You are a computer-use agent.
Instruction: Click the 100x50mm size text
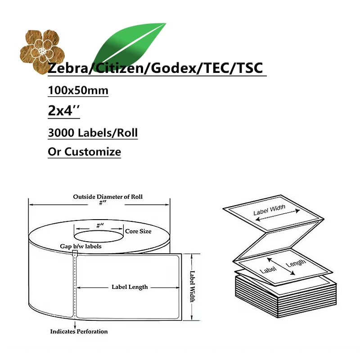pyautogui.click(x=78, y=90)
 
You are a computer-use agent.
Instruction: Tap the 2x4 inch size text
pyautogui.click(x=63, y=111)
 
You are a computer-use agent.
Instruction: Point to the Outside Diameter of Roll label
pyautogui.click(x=111, y=197)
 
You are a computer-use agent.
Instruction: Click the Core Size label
pyautogui.click(x=138, y=231)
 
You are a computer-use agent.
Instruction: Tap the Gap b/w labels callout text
pyautogui.click(x=81, y=246)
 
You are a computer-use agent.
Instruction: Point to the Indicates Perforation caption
pyautogui.click(x=79, y=331)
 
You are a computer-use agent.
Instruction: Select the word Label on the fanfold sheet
pyautogui.click(x=267, y=270)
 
